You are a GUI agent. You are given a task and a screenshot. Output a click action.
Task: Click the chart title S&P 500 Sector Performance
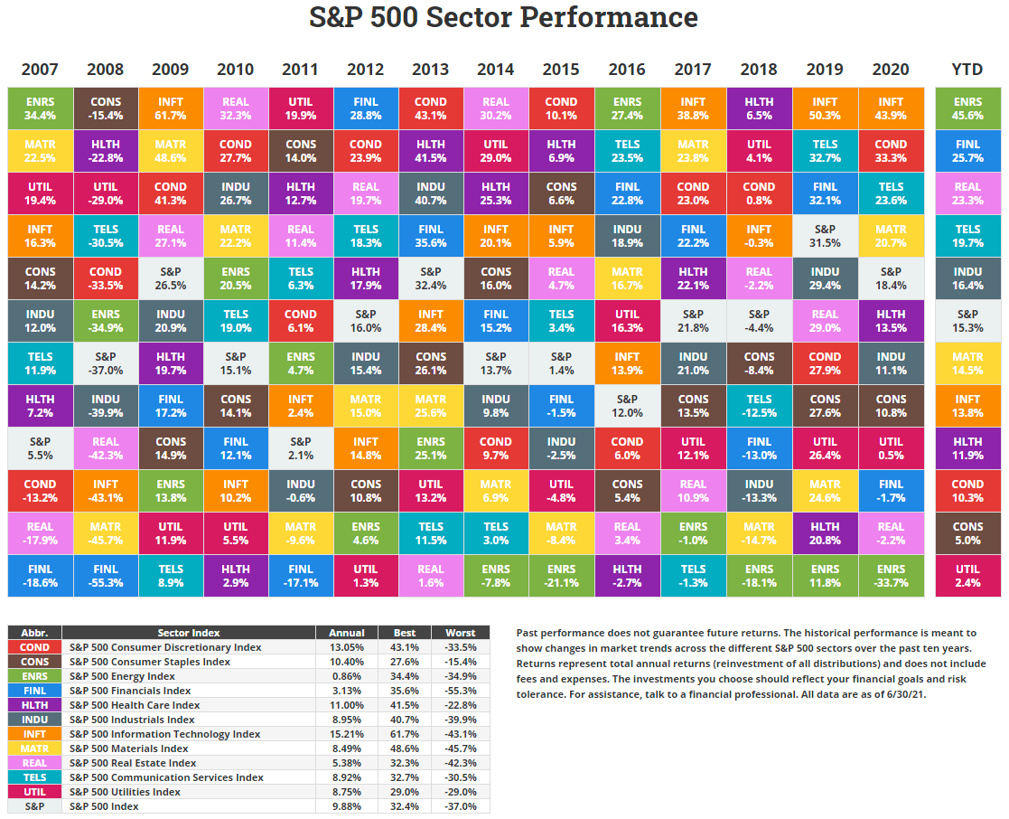pyautogui.click(x=504, y=17)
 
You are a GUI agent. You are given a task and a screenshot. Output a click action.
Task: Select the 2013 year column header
pyautogui.click(x=431, y=70)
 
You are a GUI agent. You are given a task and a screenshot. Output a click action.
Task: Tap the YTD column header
pyautogui.click(x=967, y=70)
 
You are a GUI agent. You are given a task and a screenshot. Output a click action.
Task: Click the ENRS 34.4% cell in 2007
pyautogui.click(x=40, y=109)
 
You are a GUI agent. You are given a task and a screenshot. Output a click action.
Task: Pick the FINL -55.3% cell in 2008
pyautogui.click(x=105, y=576)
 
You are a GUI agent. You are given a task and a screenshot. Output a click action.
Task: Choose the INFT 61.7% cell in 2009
pyautogui.click(x=170, y=109)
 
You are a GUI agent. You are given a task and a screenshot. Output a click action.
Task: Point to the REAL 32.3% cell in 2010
pyautogui.click(x=236, y=109)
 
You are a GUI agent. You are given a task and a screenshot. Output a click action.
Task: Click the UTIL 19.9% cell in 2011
pyautogui.click(x=301, y=109)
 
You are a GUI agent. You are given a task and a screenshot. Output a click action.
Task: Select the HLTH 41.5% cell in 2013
pyautogui.click(x=431, y=152)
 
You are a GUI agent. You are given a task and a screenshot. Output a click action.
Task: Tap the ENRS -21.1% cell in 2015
pyautogui.click(x=561, y=576)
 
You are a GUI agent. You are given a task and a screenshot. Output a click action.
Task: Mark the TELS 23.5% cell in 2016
pyautogui.click(x=627, y=152)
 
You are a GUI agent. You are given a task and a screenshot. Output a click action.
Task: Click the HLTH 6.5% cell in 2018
pyautogui.click(x=759, y=109)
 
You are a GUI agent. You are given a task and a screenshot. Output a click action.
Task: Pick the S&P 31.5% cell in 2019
pyautogui.click(x=825, y=237)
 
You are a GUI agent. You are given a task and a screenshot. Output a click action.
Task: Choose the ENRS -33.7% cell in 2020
pyautogui.click(x=891, y=576)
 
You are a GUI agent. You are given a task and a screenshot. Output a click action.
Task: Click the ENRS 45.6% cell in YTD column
pyautogui.click(x=967, y=109)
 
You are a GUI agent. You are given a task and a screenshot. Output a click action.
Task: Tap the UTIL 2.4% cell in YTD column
pyautogui.click(x=967, y=576)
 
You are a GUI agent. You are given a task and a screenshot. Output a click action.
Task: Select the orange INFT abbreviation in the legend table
pyautogui.click(x=34, y=734)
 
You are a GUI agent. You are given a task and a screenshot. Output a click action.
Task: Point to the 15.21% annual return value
pyautogui.click(x=347, y=734)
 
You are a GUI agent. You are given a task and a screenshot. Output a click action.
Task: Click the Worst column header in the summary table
pyautogui.click(x=461, y=633)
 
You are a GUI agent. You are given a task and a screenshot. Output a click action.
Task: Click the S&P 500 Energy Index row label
pyautogui.click(x=122, y=676)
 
